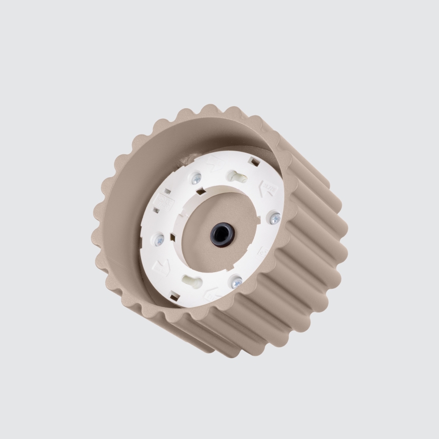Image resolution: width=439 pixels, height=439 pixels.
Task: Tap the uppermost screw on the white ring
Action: [x=196, y=178]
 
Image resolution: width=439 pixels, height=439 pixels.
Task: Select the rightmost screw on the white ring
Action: [x=275, y=218]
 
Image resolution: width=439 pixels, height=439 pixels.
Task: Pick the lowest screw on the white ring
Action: [x=236, y=282]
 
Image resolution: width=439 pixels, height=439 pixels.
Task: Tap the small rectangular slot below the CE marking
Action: [x=156, y=210]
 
